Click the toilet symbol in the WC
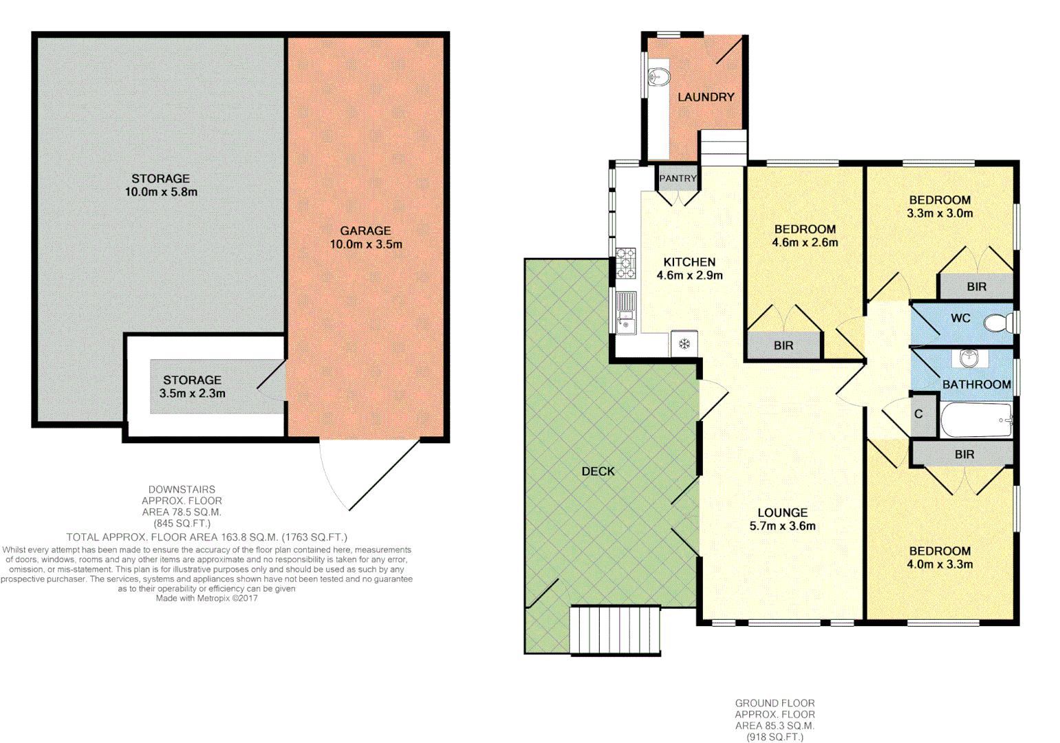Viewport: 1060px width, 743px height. click(x=997, y=322)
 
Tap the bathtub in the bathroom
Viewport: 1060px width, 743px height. click(x=975, y=420)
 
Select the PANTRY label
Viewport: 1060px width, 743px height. click(x=678, y=178)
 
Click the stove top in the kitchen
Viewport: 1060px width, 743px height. click(x=626, y=263)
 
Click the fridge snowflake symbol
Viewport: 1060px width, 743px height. click(x=684, y=344)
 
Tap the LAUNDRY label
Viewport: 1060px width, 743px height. click(x=706, y=97)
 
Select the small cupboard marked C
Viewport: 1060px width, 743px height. click(x=919, y=414)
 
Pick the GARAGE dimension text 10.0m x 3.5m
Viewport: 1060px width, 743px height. click(x=365, y=244)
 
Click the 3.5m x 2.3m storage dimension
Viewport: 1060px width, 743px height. click(x=192, y=394)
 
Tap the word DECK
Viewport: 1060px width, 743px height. click(x=598, y=471)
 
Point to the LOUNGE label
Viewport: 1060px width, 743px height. click(x=782, y=513)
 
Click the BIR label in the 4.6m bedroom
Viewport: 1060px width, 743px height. click(x=783, y=345)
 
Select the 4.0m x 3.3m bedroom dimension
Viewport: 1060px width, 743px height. click(x=940, y=564)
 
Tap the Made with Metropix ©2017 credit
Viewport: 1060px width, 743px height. click(x=206, y=598)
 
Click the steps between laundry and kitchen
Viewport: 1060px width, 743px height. click(x=723, y=148)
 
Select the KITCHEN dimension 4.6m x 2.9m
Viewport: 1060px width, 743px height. click(x=689, y=275)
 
